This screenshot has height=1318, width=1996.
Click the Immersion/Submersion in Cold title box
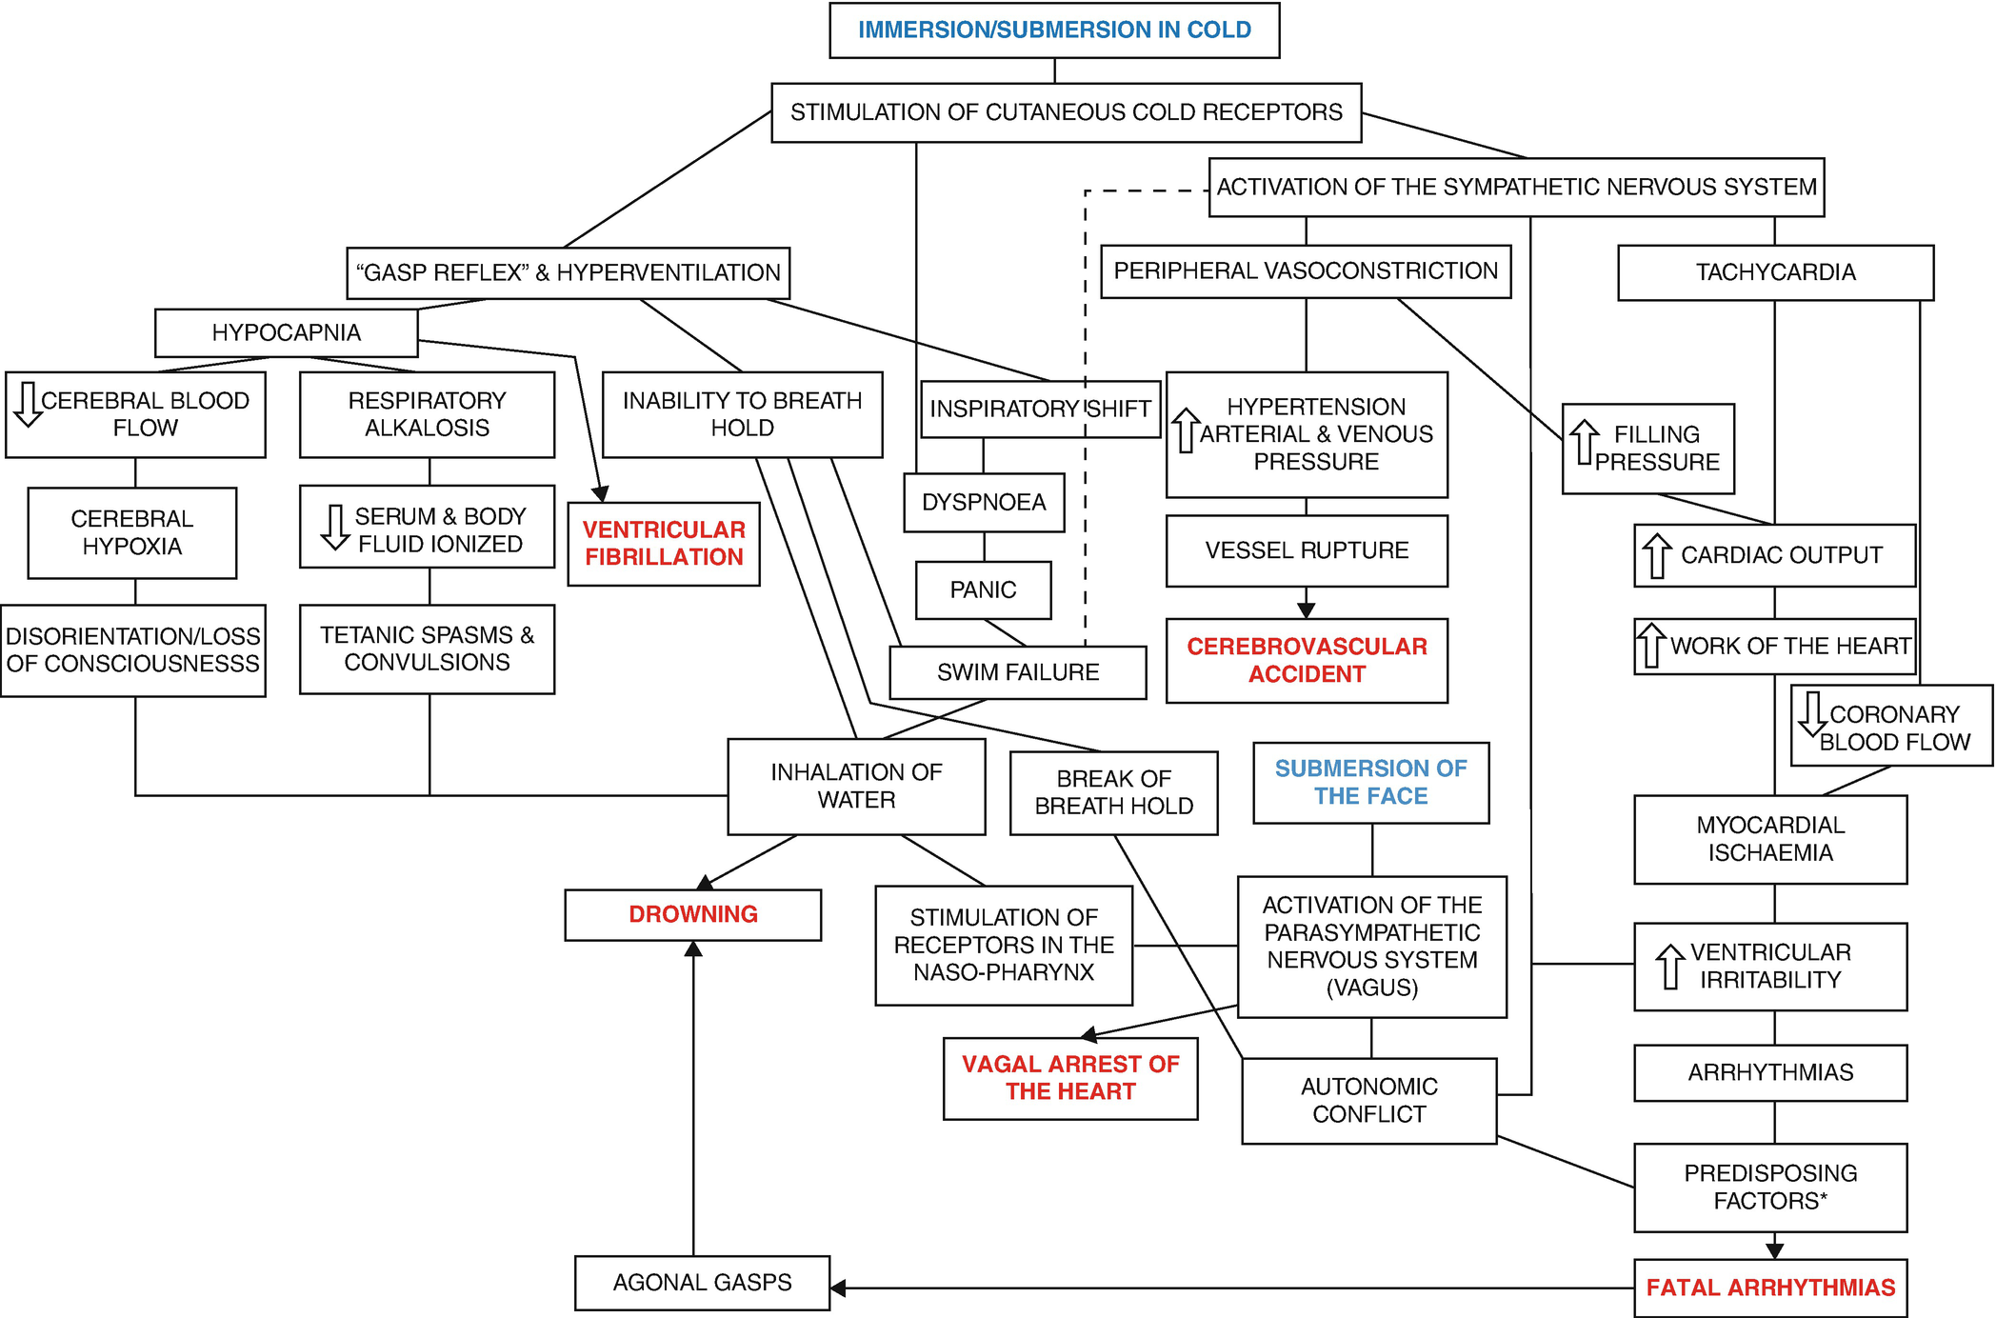[1054, 30]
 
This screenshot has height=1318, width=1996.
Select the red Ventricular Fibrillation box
[664, 544]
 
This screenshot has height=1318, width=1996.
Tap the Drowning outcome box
[692, 914]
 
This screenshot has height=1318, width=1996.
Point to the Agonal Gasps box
[702, 1283]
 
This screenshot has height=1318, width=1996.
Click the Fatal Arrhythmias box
[1770, 1288]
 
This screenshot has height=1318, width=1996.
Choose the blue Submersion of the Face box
[1370, 782]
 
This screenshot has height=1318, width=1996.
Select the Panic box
[983, 590]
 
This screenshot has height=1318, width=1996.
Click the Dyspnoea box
[984, 503]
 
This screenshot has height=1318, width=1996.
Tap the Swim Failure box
[1017, 672]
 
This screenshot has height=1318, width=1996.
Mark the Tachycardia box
[1775, 273]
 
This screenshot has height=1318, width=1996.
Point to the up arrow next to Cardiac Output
[1656, 555]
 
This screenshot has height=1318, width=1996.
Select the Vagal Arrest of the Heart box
[1070, 1078]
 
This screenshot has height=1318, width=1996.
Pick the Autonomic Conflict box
[1368, 1101]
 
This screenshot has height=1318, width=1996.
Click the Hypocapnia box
[286, 333]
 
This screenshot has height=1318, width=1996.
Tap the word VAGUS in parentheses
[1372, 988]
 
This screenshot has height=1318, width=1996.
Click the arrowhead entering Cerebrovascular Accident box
[1307, 609]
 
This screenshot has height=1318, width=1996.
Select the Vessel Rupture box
[1307, 550]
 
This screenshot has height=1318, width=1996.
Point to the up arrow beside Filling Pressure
[1585, 443]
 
